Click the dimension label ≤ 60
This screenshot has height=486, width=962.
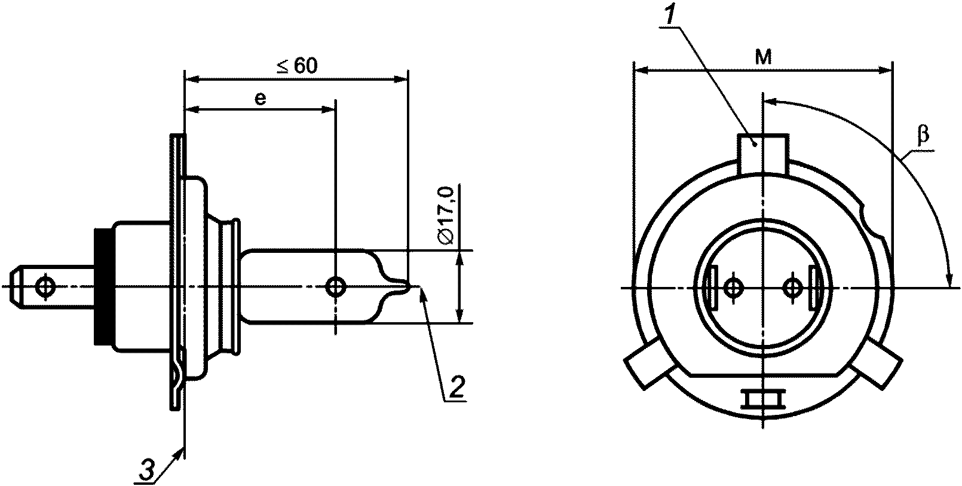point(297,66)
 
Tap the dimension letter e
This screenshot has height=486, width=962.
point(261,99)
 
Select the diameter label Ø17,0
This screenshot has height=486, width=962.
point(446,215)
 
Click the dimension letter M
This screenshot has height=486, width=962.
point(763,57)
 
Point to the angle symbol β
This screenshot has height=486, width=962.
point(923,135)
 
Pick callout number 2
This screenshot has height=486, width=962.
point(456,386)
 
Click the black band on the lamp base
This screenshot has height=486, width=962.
point(103,286)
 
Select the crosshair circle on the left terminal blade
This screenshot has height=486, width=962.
point(45,286)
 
